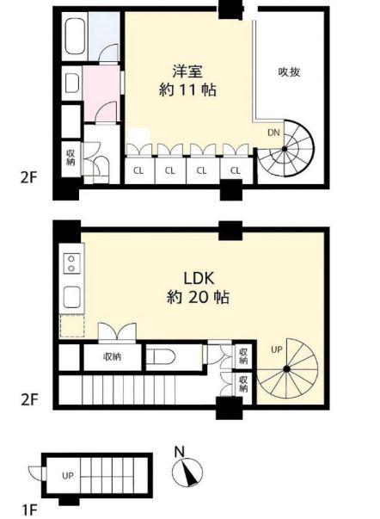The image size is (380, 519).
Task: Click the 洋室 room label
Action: pos(187,71)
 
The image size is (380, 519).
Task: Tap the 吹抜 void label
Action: pos(289,71)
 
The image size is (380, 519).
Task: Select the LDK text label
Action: pos(199,278)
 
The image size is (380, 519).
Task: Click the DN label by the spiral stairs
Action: pos(273,133)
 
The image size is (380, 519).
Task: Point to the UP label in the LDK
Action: pos(277,349)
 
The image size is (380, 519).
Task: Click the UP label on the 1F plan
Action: pos(68,476)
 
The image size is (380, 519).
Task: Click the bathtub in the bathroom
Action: pos(74,36)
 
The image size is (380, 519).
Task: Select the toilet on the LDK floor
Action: pos(161,357)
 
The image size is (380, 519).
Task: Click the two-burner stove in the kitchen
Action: pos(71,263)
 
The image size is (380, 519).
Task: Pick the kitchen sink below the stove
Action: pos(71,297)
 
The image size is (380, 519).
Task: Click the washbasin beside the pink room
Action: pos(71,83)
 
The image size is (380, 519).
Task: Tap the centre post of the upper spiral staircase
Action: pos(285,149)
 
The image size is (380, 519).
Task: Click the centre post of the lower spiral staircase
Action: pos(287,369)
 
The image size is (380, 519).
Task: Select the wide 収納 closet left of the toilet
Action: pos(113,357)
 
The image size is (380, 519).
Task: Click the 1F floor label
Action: pos(30,510)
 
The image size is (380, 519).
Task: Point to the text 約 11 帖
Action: pos(187,90)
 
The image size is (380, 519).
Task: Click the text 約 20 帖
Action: pos(198,297)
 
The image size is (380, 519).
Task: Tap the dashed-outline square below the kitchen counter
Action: pos(71,326)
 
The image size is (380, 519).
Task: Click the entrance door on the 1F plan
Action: pos(36,473)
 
